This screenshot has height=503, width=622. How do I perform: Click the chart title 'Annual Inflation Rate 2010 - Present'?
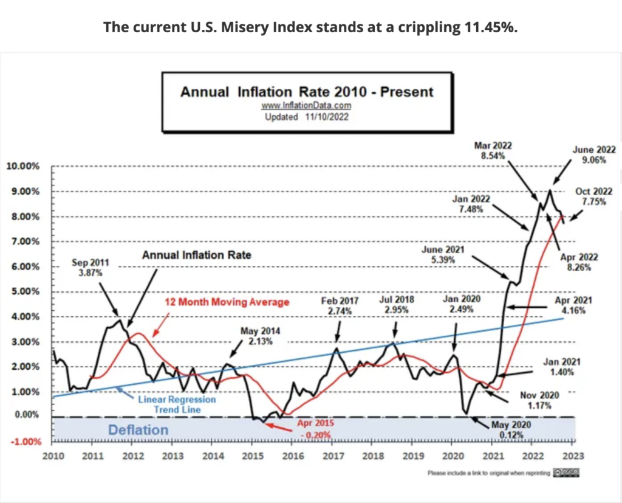307,92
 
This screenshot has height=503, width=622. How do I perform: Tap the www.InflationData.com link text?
307,106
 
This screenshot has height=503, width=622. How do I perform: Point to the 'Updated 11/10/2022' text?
307,117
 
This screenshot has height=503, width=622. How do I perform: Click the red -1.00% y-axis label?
24,441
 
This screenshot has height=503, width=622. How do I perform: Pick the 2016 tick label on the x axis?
292,456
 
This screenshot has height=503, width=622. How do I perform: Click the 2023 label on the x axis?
572,456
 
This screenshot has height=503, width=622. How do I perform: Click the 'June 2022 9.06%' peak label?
594,154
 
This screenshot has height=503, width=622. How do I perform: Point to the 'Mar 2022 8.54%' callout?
494,150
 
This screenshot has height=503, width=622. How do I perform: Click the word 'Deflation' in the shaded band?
138,429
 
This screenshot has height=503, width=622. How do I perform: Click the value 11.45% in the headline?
494,27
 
